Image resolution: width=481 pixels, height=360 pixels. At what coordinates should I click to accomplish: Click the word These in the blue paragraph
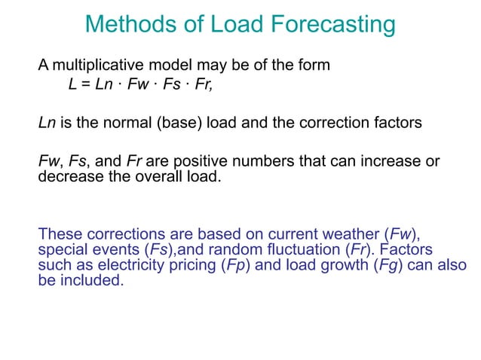pyautogui.click(x=59, y=233)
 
